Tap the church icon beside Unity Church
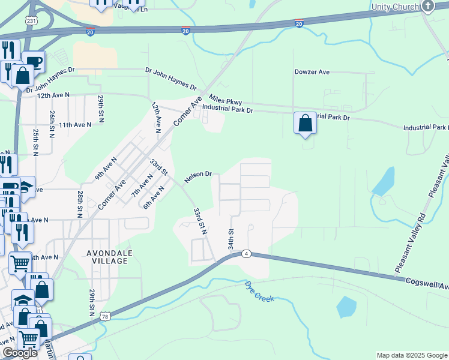(427, 6)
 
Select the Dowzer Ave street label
(312, 72)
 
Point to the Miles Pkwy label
(225, 99)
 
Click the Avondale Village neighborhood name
(107, 257)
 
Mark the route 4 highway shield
(246, 254)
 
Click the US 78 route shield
(106, 316)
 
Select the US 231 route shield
(29, 20)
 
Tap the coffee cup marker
(34, 62)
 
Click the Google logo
(20, 353)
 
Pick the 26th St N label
(53, 122)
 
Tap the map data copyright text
(411, 355)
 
